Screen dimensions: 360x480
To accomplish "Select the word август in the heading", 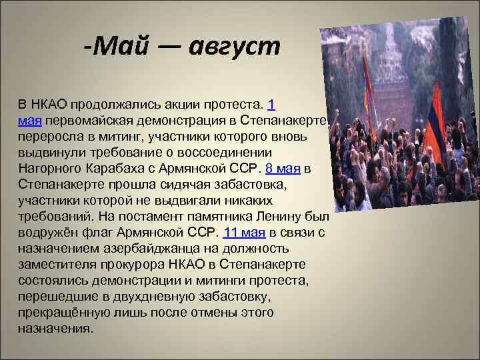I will click(235, 47).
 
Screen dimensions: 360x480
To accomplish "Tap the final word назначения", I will click(55, 328).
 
